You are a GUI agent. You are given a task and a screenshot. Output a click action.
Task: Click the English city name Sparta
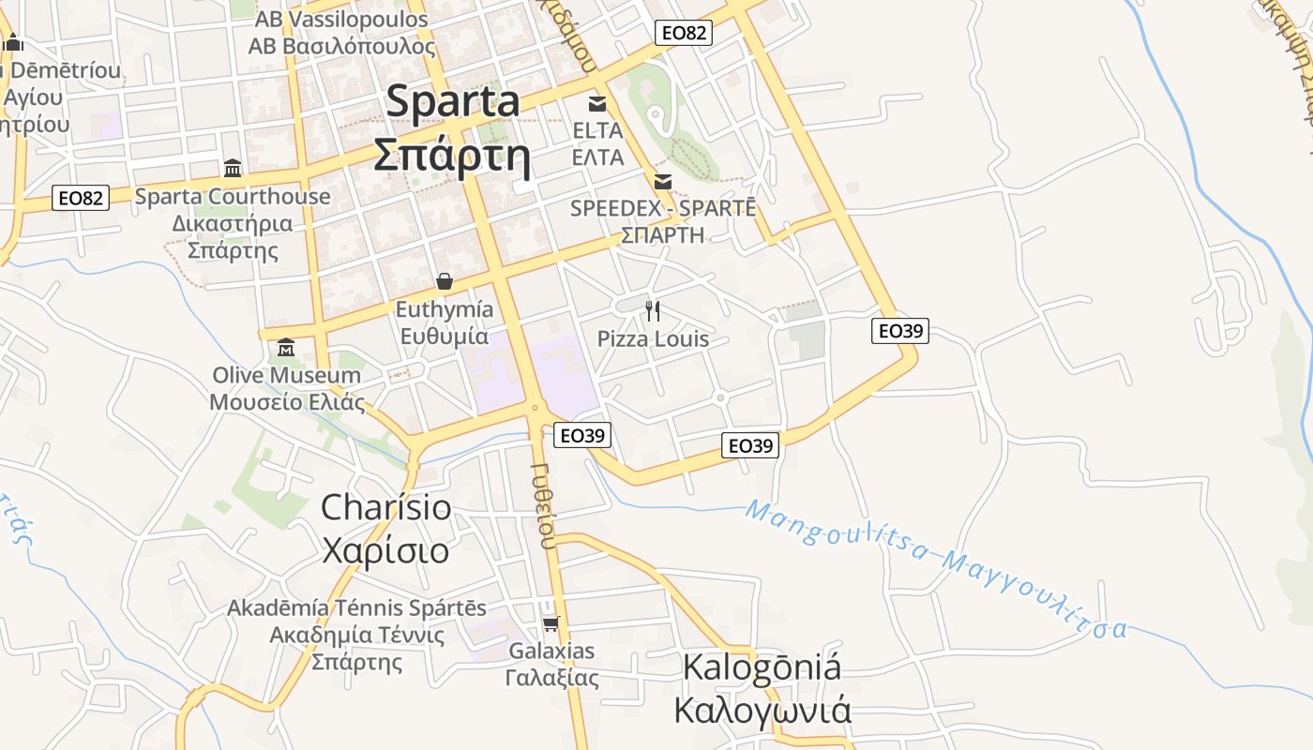pyautogui.click(x=465, y=101)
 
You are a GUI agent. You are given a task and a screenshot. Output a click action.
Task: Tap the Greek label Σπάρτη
pyautogui.click(x=452, y=156)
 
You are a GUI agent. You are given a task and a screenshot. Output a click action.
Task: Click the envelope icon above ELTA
pyautogui.click(x=597, y=103)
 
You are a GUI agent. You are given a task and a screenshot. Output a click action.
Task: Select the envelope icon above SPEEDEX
pyautogui.click(x=663, y=181)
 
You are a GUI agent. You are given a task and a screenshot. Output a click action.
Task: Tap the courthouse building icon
pyautogui.click(x=233, y=169)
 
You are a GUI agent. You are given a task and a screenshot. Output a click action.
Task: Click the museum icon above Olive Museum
pyautogui.click(x=286, y=349)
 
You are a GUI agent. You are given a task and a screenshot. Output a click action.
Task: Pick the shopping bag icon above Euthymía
pyautogui.click(x=445, y=281)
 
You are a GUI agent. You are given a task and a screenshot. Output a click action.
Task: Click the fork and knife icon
pyautogui.click(x=653, y=310)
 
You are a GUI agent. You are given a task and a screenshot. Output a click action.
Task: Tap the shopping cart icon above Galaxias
pyautogui.click(x=551, y=623)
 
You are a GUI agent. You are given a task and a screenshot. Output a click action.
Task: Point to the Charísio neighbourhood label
pyautogui.click(x=385, y=507)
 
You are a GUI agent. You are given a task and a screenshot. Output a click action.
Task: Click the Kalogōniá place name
pyautogui.click(x=762, y=668)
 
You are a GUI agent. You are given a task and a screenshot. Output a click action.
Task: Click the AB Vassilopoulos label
pyautogui.click(x=338, y=20)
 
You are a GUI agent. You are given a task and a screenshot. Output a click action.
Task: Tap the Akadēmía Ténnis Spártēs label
pyautogui.click(x=356, y=607)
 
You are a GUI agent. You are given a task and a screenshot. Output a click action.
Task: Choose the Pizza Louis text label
pyautogui.click(x=653, y=338)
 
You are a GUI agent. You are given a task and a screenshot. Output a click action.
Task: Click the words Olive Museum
pyautogui.click(x=286, y=375)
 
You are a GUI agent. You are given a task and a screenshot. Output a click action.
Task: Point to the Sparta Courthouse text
pyautogui.click(x=233, y=197)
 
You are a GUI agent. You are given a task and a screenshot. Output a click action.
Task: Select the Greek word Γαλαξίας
pyautogui.click(x=551, y=677)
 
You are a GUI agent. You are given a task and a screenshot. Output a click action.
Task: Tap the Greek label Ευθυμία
pyautogui.click(x=445, y=337)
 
